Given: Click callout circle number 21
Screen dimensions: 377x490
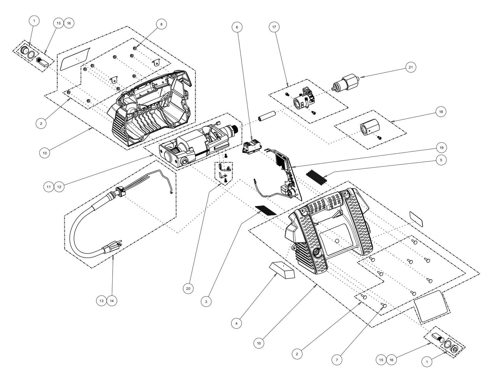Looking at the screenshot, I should click(x=411, y=68).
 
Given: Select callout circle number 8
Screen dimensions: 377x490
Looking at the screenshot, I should click(x=161, y=24).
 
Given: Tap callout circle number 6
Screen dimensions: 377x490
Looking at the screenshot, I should click(x=237, y=26).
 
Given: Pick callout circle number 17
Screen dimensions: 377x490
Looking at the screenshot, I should click(x=274, y=26).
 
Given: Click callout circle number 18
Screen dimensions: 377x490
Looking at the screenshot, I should click(x=440, y=112).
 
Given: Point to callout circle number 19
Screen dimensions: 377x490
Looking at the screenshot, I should click(x=440, y=148).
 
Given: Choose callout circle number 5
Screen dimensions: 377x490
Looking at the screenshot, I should click(x=440, y=160).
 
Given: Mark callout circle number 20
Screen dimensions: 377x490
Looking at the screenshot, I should click(x=188, y=288).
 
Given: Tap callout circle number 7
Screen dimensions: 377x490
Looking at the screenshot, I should click(x=336, y=359).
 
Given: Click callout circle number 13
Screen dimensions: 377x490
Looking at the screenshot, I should click(x=101, y=301).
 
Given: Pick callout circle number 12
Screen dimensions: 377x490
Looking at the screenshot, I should click(x=59, y=186).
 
